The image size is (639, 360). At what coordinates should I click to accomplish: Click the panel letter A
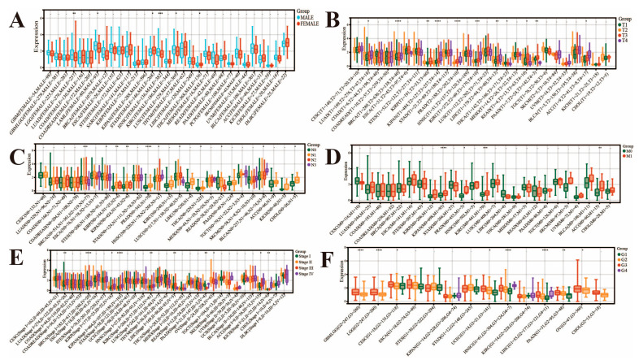[x=16, y=16]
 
